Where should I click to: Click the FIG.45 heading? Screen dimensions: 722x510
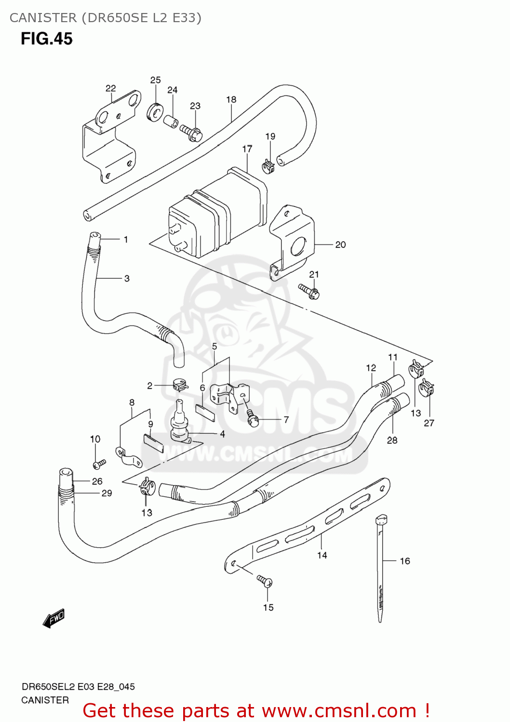pos(46,39)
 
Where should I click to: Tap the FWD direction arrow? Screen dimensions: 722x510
pos(54,619)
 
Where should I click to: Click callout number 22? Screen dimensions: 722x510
pos(110,88)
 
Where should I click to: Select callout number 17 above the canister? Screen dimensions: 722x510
pos(247,149)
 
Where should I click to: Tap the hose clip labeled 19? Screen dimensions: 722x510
pos(268,167)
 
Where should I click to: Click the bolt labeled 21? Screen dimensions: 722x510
pos(309,291)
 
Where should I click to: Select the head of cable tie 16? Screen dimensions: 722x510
pos(381,520)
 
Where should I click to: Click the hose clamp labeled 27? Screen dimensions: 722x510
pos(426,387)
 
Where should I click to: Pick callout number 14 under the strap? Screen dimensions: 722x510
pos(322,555)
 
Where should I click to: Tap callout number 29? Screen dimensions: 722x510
pos(107,493)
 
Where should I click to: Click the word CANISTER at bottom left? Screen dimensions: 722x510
pos(45,700)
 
